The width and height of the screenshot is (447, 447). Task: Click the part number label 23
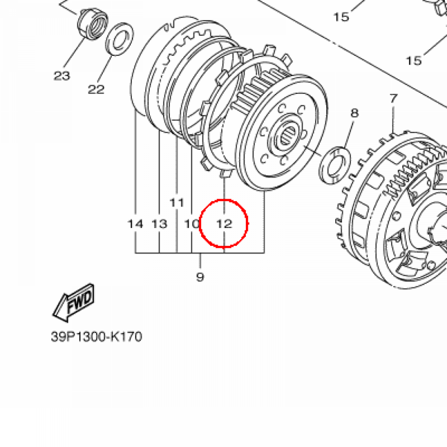[x=62, y=76]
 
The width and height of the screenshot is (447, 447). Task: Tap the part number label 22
[x=96, y=89]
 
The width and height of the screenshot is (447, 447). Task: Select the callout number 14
[x=135, y=224]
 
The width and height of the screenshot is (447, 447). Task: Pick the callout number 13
[x=159, y=224]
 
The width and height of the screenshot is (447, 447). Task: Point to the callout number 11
[x=177, y=203]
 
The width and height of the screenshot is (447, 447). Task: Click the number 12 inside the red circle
[x=224, y=224]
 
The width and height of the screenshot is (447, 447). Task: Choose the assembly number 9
[x=200, y=276]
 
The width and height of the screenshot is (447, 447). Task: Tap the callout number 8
[x=354, y=113]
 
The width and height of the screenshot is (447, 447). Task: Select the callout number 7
[x=393, y=99]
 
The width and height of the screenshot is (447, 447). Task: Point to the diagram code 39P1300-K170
[x=96, y=337]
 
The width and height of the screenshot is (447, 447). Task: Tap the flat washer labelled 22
[x=120, y=38]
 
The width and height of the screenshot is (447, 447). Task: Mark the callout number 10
[x=192, y=224]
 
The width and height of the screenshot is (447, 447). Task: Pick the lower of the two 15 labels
[x=414, y=60]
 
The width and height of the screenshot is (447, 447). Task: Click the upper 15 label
[x=341, y=17]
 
